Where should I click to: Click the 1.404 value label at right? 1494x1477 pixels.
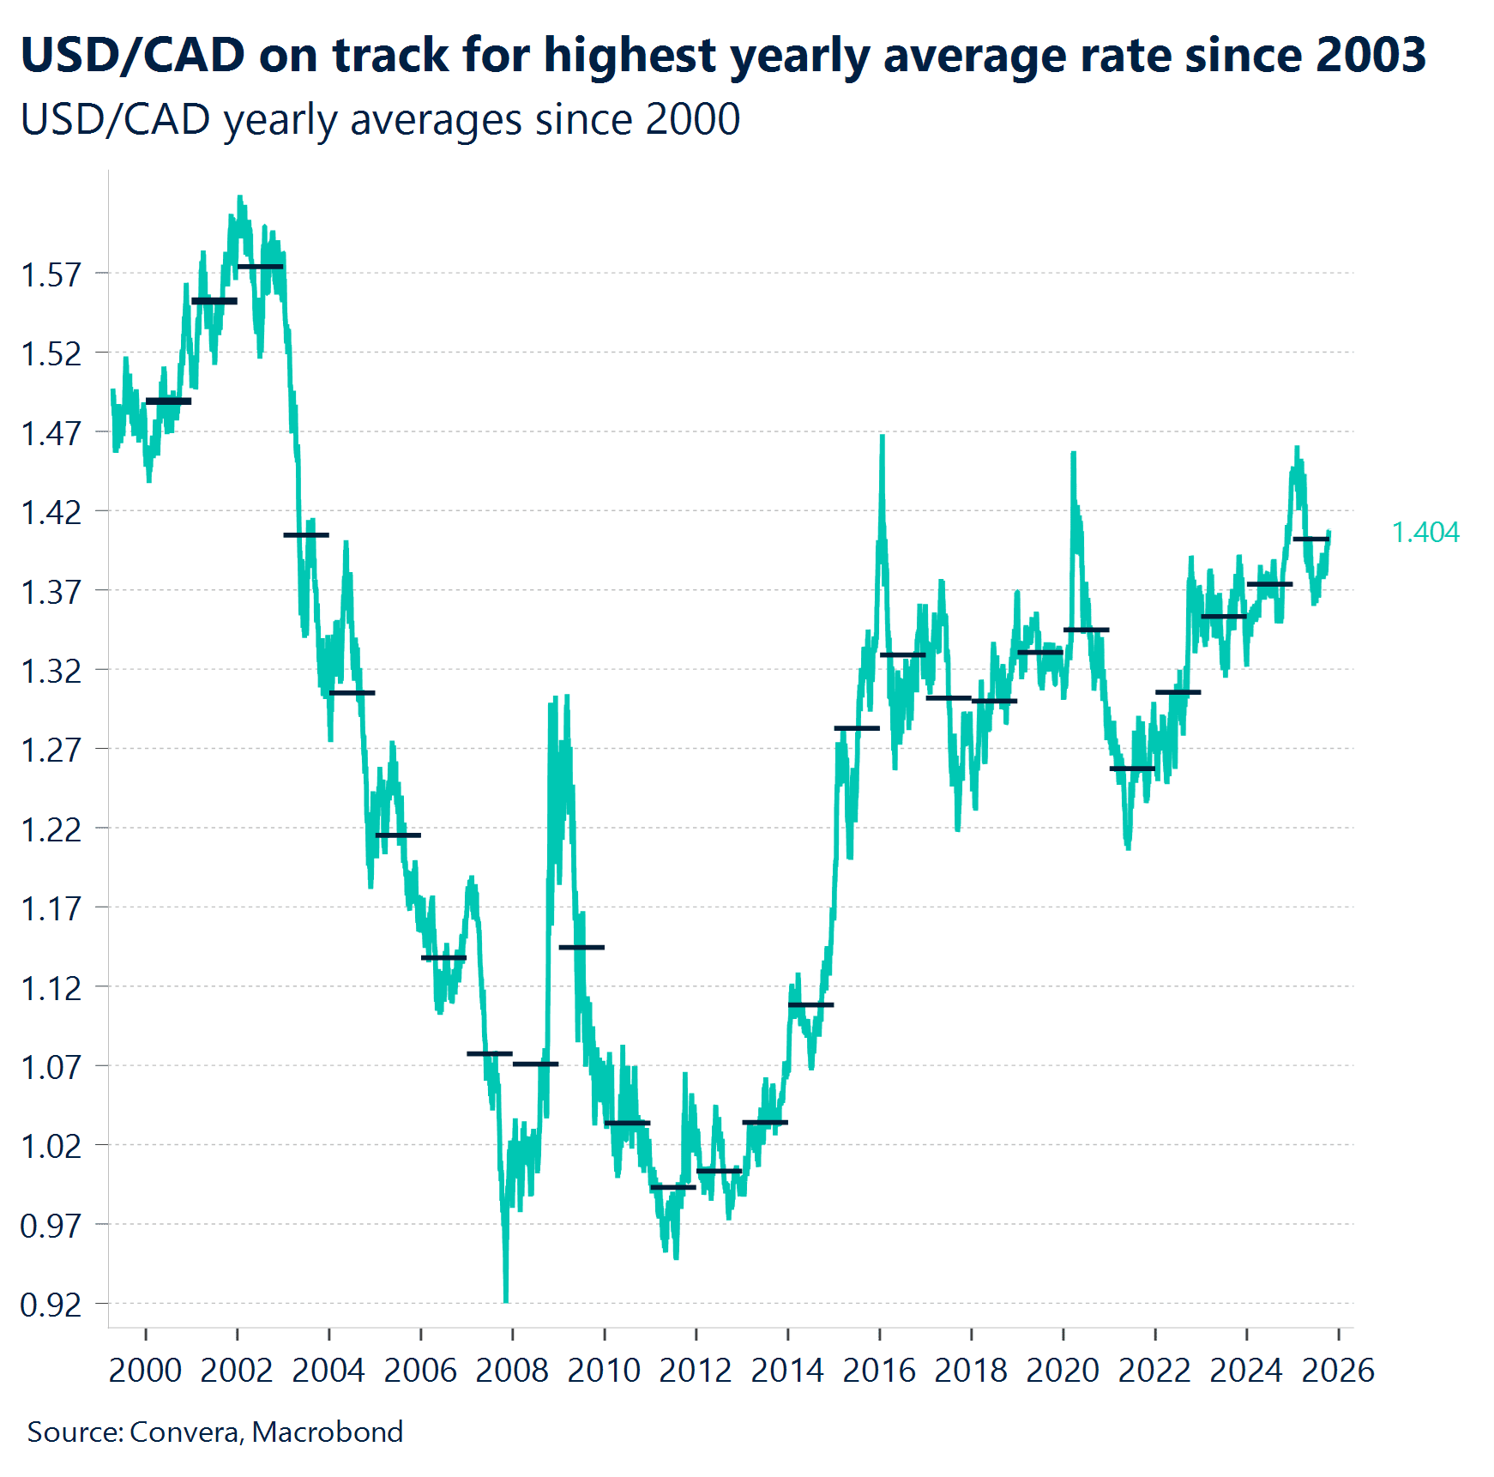1425,533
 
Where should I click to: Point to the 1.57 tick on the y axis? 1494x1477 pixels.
51,274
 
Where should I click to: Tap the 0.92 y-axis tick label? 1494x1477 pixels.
51,1305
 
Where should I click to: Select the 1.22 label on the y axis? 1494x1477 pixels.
51,829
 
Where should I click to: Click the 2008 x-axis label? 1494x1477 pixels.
512,1370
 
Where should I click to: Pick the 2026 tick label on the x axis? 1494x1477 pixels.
1338,1370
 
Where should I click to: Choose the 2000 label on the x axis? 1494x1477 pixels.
145,1370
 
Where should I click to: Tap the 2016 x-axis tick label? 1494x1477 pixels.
879,1370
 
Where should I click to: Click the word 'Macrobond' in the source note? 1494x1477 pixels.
328,1432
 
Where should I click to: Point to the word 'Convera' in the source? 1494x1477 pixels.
184,1432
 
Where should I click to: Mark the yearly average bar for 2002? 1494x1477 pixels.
260,267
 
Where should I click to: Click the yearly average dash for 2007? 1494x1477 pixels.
490,1053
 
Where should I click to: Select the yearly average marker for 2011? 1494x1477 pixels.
673,1187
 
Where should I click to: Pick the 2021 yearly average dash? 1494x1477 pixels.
1132,769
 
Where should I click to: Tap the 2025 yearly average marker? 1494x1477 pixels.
1310,539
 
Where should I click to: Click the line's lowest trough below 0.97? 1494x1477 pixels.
506,1300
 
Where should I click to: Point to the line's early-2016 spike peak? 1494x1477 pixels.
883,437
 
